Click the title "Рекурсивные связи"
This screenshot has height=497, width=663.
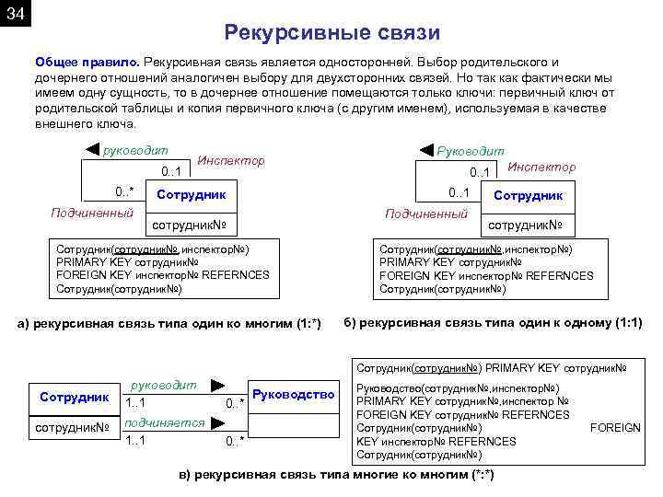tap(331, 33)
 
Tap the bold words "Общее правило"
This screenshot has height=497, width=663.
tap(86, 61)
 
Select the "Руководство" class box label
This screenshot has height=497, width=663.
tap(292, 395)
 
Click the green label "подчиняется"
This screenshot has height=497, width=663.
tap(164, 422)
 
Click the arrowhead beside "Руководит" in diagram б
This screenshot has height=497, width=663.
tap(425, 150)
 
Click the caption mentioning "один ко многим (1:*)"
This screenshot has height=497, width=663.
tap(170, 323)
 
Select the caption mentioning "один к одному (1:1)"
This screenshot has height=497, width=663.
tap(493, 322)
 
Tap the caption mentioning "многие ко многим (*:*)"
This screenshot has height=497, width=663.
tap(336, 474)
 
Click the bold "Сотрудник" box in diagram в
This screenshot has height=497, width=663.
tap(75, 397)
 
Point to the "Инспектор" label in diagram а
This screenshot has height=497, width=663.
tap(231, 160)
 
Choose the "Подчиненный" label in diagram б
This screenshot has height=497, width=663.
tap(426, 214)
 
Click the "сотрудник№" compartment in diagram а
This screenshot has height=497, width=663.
tap(192, 225)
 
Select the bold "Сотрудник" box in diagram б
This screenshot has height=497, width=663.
tap(529, 195)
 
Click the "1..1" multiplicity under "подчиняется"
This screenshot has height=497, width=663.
tap(135, 440)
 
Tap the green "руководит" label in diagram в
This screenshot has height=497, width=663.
tap(165, 385)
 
